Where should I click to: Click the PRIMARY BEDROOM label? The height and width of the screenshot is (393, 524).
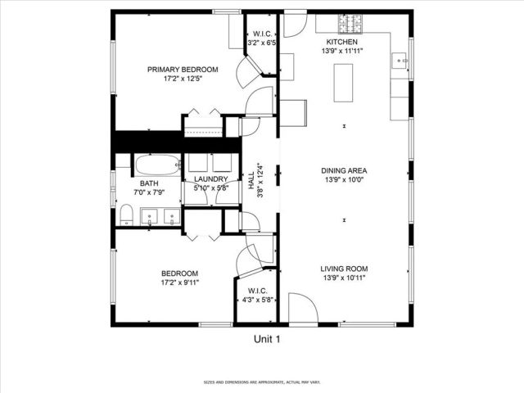point(183,70)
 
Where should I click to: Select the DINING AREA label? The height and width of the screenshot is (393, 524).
point(343,171)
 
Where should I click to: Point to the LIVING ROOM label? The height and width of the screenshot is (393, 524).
point(343,269)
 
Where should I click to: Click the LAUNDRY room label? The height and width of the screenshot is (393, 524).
point(210,179)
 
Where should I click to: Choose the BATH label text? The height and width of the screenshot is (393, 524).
point(148,183)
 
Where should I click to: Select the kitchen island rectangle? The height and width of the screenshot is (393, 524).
point(342,82)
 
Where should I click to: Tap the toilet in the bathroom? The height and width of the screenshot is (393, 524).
point(126,215)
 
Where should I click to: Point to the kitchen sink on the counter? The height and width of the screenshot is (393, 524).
point(401,59)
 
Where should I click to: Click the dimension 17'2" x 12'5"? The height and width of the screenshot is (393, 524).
point(183,79)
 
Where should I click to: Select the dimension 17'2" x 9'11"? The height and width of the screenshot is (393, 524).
point(179,282)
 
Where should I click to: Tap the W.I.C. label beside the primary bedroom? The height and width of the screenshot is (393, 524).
point(261,34)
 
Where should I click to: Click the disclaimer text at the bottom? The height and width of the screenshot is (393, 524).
point(262,382)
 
